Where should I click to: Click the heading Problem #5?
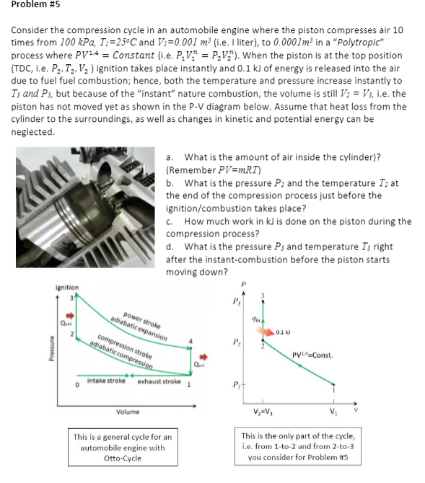click(35, 4)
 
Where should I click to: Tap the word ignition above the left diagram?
click(67, 288)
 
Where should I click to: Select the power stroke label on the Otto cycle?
click(142, 320)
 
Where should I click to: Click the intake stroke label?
click(106, 381)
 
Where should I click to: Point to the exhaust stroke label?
click(159, 381)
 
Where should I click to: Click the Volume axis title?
click(128, 412)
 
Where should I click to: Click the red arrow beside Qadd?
click(71, 316)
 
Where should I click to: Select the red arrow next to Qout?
click(203, 357)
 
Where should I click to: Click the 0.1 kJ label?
click(283, 332)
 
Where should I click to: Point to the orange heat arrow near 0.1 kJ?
click(264, 332)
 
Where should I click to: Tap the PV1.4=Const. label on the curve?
click(312, 355)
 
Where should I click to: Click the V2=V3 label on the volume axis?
click(263, 412)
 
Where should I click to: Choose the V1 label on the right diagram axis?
click(333, 411)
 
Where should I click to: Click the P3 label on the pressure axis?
click(236, 301)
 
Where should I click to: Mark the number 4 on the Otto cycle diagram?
click(190, 341)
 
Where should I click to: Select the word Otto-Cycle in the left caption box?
click(123, 458)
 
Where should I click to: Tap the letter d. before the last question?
click(170, 247)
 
